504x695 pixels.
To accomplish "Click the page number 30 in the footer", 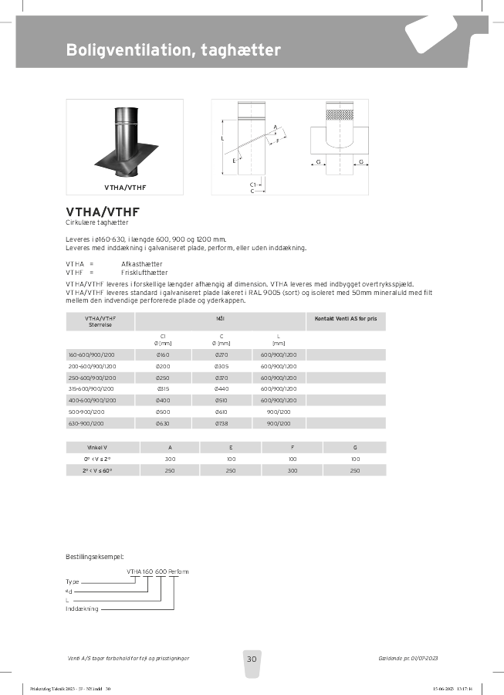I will click(252, 659).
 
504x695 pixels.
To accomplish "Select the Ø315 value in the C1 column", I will click(163, 388).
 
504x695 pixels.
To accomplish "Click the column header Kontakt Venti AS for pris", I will click(347, 318).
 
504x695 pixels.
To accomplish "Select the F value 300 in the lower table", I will click(293, 470).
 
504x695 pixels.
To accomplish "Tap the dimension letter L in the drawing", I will click(222, 138).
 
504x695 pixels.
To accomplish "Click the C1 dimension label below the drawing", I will click(253, 185).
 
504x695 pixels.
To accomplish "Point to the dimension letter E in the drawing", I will click(234, 161).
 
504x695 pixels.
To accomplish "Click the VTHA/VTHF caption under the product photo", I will click(125, 187).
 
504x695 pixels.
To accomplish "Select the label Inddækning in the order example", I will click(82, 609).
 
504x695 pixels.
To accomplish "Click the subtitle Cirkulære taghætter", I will click(96, 222).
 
